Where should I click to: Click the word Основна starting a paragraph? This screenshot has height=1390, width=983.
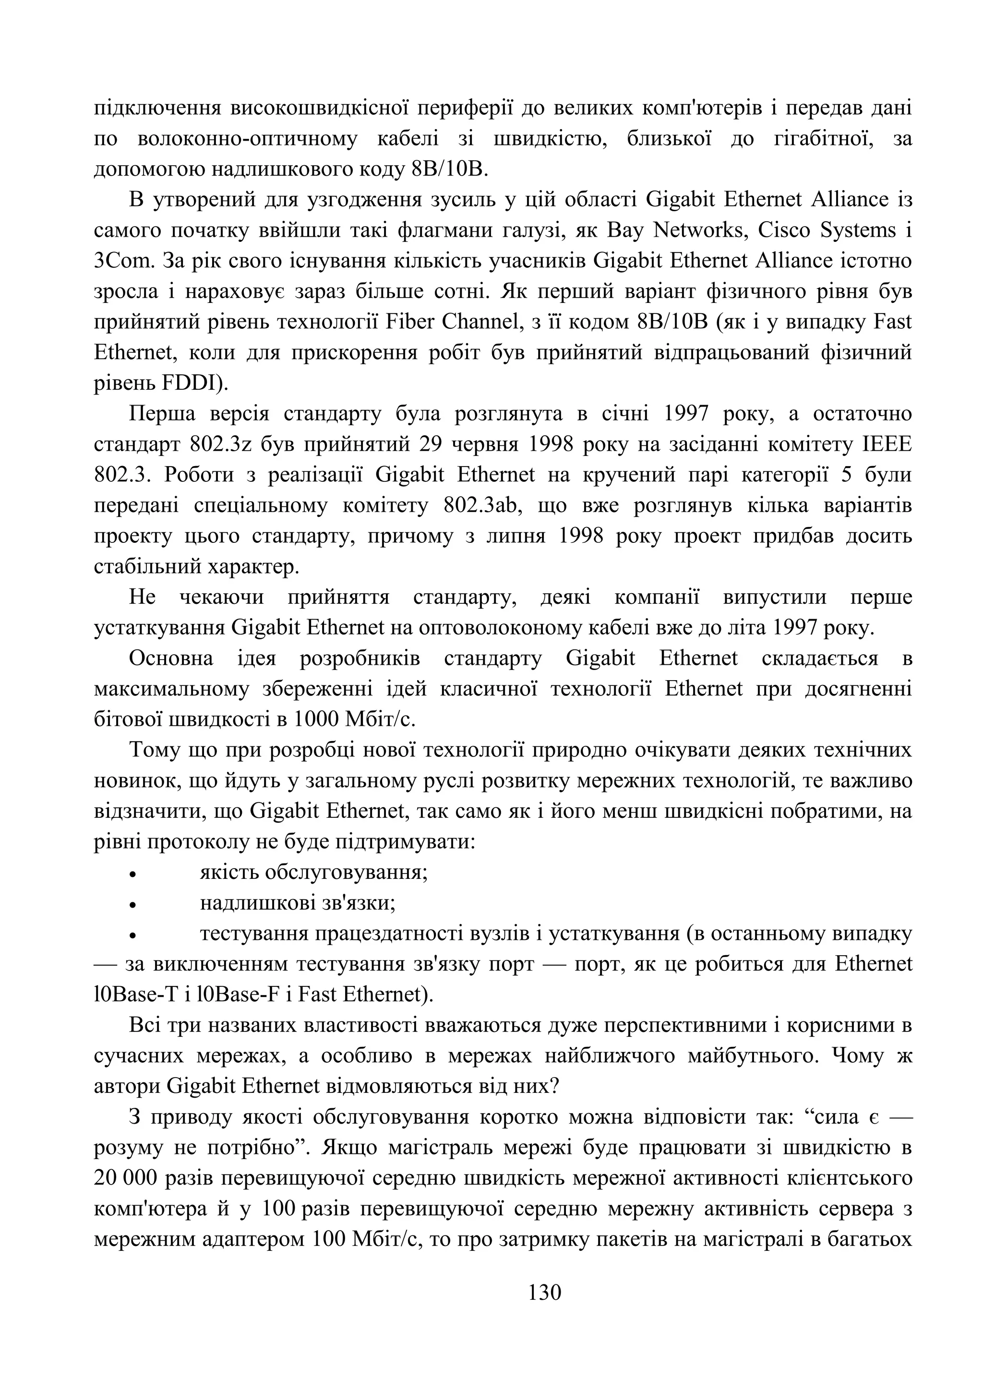coord(171,658)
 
